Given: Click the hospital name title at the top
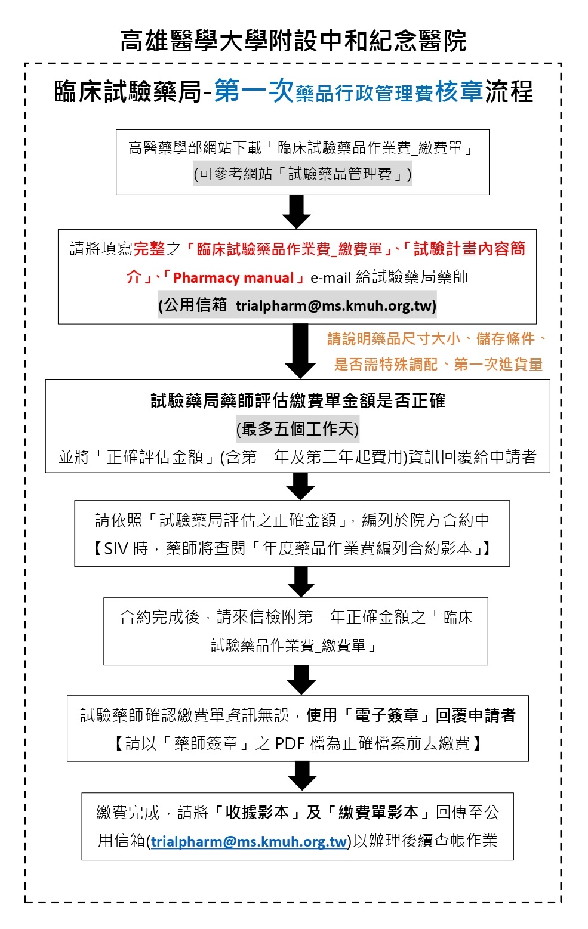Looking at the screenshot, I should point(293,41).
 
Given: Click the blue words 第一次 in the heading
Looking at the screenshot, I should point(254,91).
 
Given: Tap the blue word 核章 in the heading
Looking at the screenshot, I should point(458,91).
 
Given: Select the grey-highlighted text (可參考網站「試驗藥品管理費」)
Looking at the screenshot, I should point(302,174).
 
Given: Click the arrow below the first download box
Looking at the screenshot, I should point(296,211).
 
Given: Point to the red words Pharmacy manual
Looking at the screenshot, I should point(233,277).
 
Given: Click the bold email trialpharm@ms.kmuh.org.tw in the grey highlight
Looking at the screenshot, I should point(335,305).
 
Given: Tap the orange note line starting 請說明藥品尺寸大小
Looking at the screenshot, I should point(436,339).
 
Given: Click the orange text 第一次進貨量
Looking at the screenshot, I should point(498,364).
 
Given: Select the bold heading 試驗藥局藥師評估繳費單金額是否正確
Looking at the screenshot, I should point(297,400).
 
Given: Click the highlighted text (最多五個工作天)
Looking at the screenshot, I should point(297,428).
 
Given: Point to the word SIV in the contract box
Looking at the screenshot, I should point(117,548).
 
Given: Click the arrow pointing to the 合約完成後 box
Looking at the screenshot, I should point(300,581).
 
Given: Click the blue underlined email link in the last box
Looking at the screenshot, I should point(249,841).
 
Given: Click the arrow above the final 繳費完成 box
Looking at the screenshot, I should point(301,776).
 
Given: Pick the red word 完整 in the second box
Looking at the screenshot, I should point(149,249).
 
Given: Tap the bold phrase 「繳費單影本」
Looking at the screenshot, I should point(378,812).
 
